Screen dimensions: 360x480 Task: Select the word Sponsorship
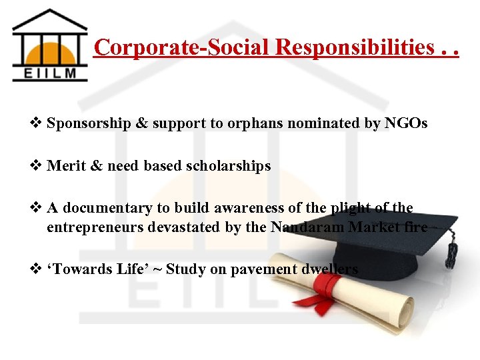pyautogui.click(x=89, y=123)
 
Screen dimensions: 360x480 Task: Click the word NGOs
pyautogui.click(x=406, y=123)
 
